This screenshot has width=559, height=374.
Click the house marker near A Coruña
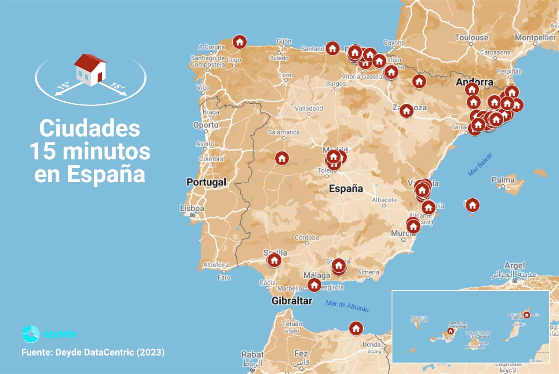point(240,42)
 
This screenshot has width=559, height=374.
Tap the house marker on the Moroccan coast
point(356,329)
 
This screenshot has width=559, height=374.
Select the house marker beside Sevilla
point(274,260)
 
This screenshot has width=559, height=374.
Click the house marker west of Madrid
point(282,159)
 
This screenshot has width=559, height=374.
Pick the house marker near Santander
point(332,48)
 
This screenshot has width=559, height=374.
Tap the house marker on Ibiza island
point(472,205)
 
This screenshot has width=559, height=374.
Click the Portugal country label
point(206,182)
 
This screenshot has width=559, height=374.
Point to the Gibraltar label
point(292,301)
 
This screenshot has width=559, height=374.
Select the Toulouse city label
point(471,37)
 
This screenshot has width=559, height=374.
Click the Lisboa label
point(192,208)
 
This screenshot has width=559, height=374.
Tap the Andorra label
point(474,82)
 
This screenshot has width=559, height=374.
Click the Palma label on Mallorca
point(503,180)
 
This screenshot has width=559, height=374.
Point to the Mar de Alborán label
point(347,306)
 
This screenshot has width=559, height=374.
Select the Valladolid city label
point(308,108)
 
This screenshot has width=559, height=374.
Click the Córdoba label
point(306,237)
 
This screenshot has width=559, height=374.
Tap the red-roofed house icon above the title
point(90,70)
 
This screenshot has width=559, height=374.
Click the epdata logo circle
point(31,334)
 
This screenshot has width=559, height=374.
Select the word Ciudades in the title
point(89,128)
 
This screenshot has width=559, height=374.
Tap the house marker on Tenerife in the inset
point(451,331)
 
